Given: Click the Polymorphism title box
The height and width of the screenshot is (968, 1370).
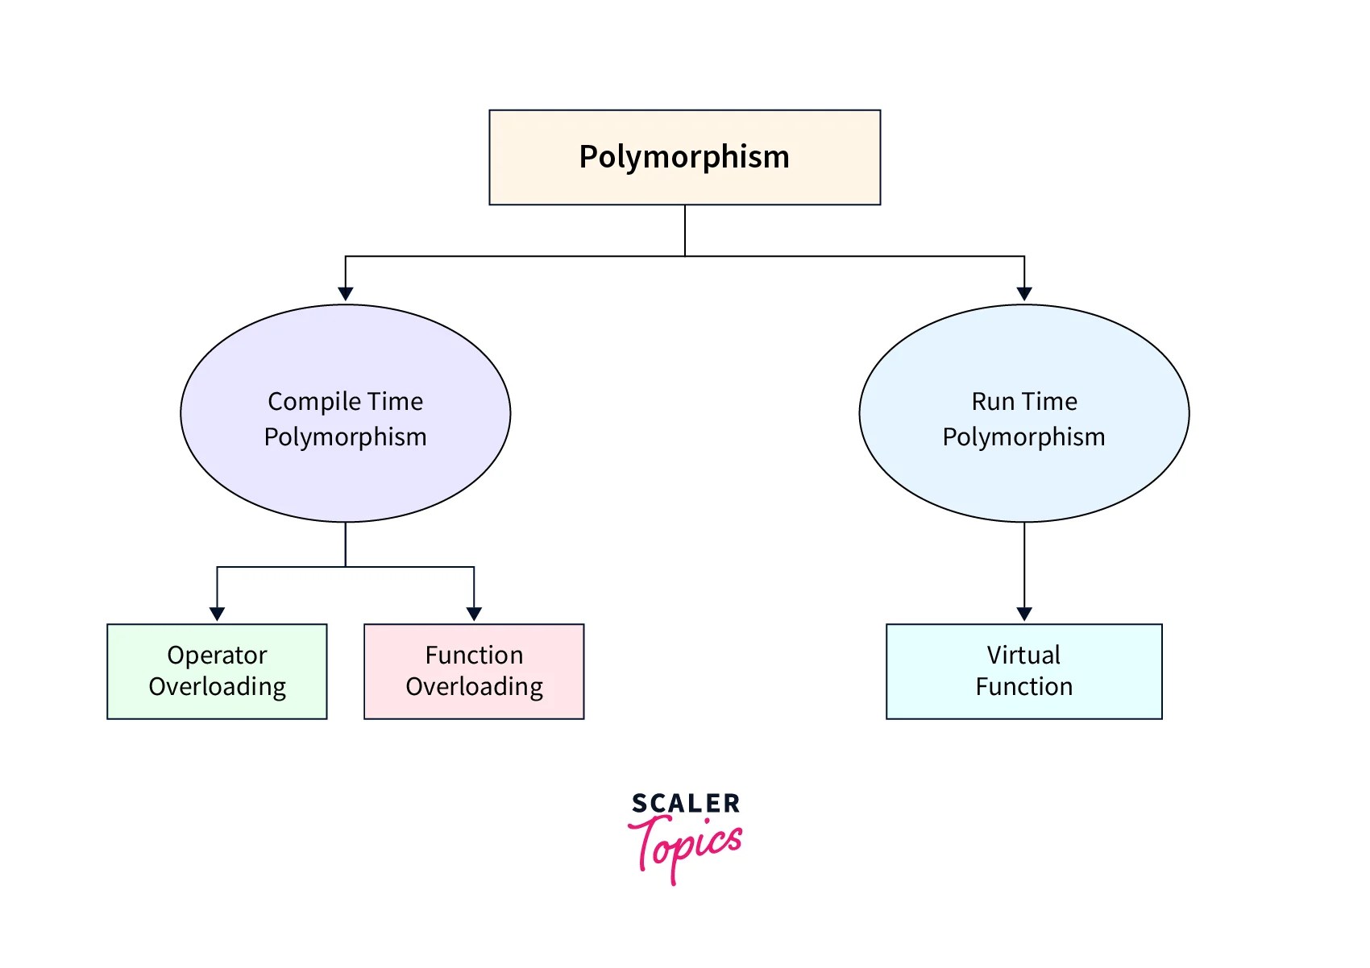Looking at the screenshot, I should pyautogui.click(x=684, y=157).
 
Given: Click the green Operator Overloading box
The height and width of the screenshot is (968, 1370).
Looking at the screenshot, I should pyautogui.click(x=217, y=671).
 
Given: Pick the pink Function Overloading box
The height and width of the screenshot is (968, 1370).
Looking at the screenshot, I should pyautogui.click(x=474, y=671).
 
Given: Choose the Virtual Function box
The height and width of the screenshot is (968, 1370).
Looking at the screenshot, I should pyautogui.click(x=1023, y=671).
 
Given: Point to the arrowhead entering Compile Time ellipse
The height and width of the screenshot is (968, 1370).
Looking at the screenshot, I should pyautogui.click(x=346, y=294).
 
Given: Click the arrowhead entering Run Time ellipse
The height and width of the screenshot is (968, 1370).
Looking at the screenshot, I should pyautogui.click(x=1024, y=294).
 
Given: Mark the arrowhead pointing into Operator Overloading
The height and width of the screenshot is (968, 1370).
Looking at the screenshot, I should pyautogui.click(x=217, y=614).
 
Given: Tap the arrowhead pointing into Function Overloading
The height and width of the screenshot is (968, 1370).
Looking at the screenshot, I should pyautogui.click(x=474, y=614).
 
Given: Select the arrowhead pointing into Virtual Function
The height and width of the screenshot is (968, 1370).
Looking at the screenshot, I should pyautogui.click(x=1024, y=614).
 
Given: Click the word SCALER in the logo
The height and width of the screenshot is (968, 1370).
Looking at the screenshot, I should pyautogui.click(x=686, y=803).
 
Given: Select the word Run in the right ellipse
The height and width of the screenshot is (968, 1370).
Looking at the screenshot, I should pyautogui.click(x=993, y=401).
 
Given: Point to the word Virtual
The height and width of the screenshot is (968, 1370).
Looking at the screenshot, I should pyautogui.click(x=1023, y=655).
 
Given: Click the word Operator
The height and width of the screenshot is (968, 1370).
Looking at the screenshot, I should pyautogui.click(x=217, y=656).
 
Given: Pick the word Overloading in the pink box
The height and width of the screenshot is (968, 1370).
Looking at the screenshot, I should pyautogui.click(x=474, y=686).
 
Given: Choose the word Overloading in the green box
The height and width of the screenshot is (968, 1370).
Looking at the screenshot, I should pyautogui.click(x=217, y=686).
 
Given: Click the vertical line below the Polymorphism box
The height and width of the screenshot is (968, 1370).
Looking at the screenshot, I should pyautogui.click(x=685, y=230).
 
